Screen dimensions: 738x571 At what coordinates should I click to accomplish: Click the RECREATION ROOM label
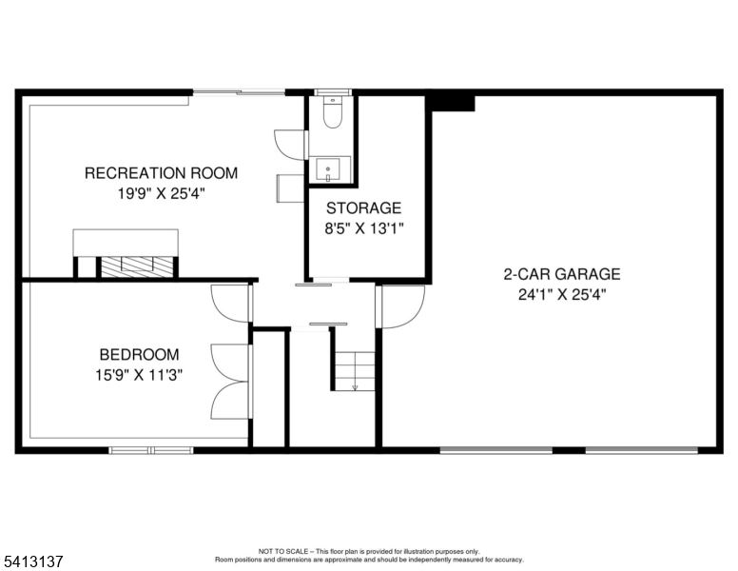[x=161, y=173]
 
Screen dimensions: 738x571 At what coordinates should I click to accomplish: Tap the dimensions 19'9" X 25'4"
[x=162, y=193]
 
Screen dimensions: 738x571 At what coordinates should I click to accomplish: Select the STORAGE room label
[x=364, y=207]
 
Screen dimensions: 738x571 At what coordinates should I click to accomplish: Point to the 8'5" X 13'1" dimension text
[x=364, y=229]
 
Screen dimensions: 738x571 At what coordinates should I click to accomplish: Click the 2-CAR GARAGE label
[x=562, y=274]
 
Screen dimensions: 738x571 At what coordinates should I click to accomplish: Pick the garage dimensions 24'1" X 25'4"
[x=562, y=295]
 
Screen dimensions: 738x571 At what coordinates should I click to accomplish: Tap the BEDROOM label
[x=139, y=354]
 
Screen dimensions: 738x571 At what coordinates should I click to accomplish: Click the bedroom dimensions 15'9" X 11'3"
[x=139, y=376]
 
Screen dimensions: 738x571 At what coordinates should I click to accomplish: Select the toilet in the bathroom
[x=333, y=112]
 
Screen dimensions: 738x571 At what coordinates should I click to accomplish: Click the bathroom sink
[x=328, y=169]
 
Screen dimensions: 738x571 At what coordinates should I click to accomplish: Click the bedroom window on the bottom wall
[x=151, y=450]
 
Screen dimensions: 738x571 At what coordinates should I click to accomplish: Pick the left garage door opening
[x=496, y=450]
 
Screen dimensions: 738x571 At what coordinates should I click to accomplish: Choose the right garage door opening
[x=642, y=450]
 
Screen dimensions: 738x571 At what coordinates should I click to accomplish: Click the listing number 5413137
[x=33, y=561]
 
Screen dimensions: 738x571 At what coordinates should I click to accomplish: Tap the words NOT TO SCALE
[x=283, y=551]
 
